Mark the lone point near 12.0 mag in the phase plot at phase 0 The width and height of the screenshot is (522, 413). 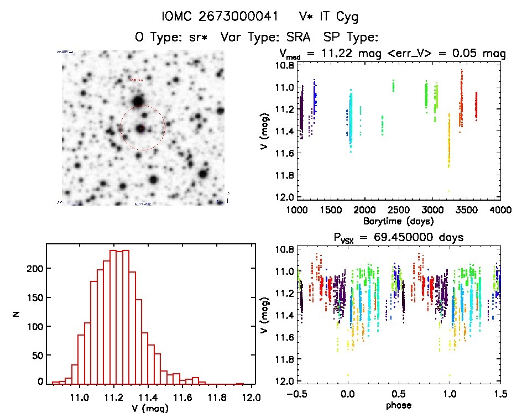(348, 375)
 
